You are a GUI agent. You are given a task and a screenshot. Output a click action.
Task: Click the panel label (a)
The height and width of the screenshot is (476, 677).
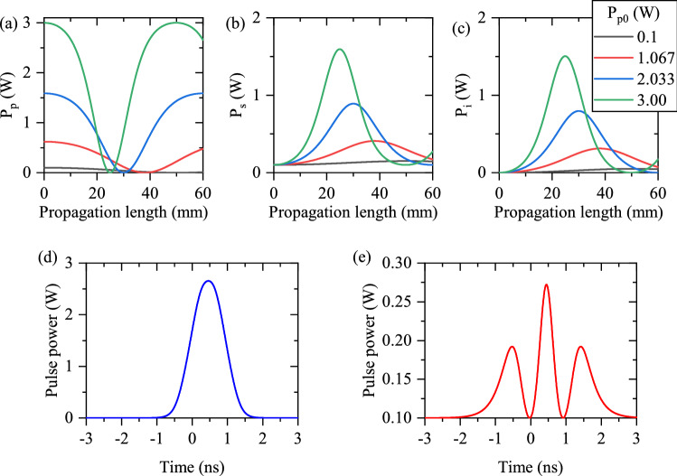pyautogui.click(x=12, y=11)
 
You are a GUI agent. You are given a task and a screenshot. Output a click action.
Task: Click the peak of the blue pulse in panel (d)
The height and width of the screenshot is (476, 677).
pyautogui.click(x=209, y=281)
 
